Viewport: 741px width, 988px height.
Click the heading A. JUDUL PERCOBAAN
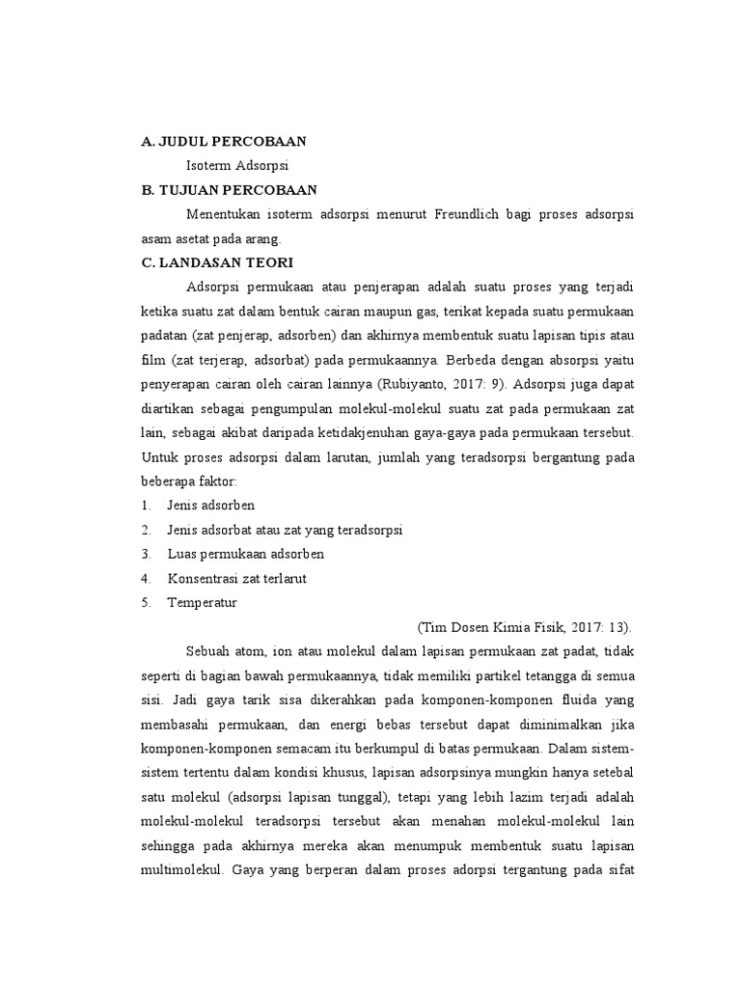[223, 141]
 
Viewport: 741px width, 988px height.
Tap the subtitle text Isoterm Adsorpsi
[237, 165]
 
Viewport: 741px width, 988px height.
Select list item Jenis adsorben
[210, 505]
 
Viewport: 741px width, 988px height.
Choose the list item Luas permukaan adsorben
[245, 554]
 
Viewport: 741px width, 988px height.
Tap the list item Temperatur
[202, 602]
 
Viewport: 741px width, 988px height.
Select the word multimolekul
[181, 867]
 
